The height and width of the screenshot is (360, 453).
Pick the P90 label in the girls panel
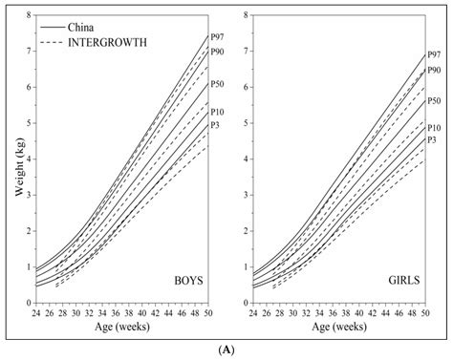tap(434, 70)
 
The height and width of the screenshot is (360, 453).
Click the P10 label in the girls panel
tap(434, 127)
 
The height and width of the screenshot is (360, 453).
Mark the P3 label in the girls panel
tap(432, 139)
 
